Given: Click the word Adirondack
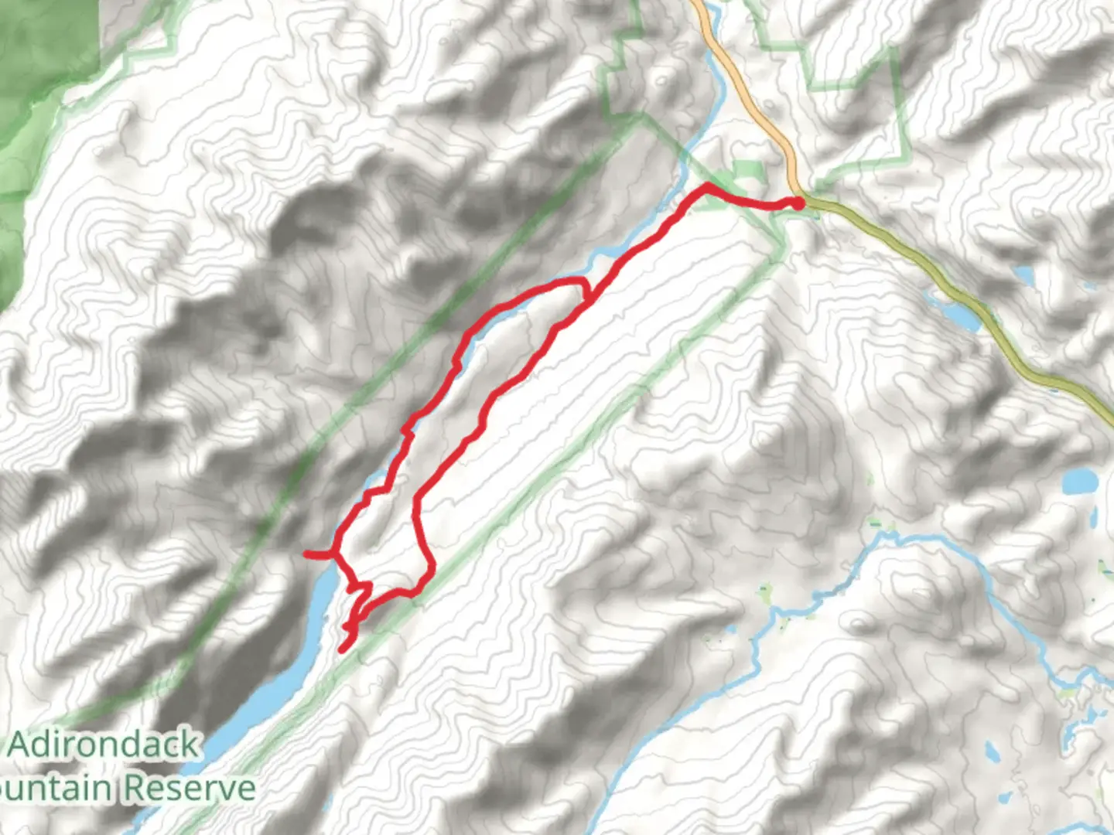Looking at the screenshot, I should [x=104, y=745].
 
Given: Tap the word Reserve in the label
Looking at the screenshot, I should [x=190, y=789].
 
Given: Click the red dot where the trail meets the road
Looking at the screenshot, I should [x=796, y=203].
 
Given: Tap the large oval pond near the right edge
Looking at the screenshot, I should [x=1080, y=482].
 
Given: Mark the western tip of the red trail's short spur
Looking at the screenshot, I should [x=306, y=554].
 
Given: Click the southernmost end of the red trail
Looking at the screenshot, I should [x=342, y=649].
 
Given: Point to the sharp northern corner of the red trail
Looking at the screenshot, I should [x=707, y=186].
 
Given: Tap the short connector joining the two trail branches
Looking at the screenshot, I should [x=586, y=290].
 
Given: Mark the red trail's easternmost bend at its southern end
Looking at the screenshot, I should [x=431, y=571].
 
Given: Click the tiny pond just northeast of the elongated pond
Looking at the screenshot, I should [x=1023, y=274].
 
